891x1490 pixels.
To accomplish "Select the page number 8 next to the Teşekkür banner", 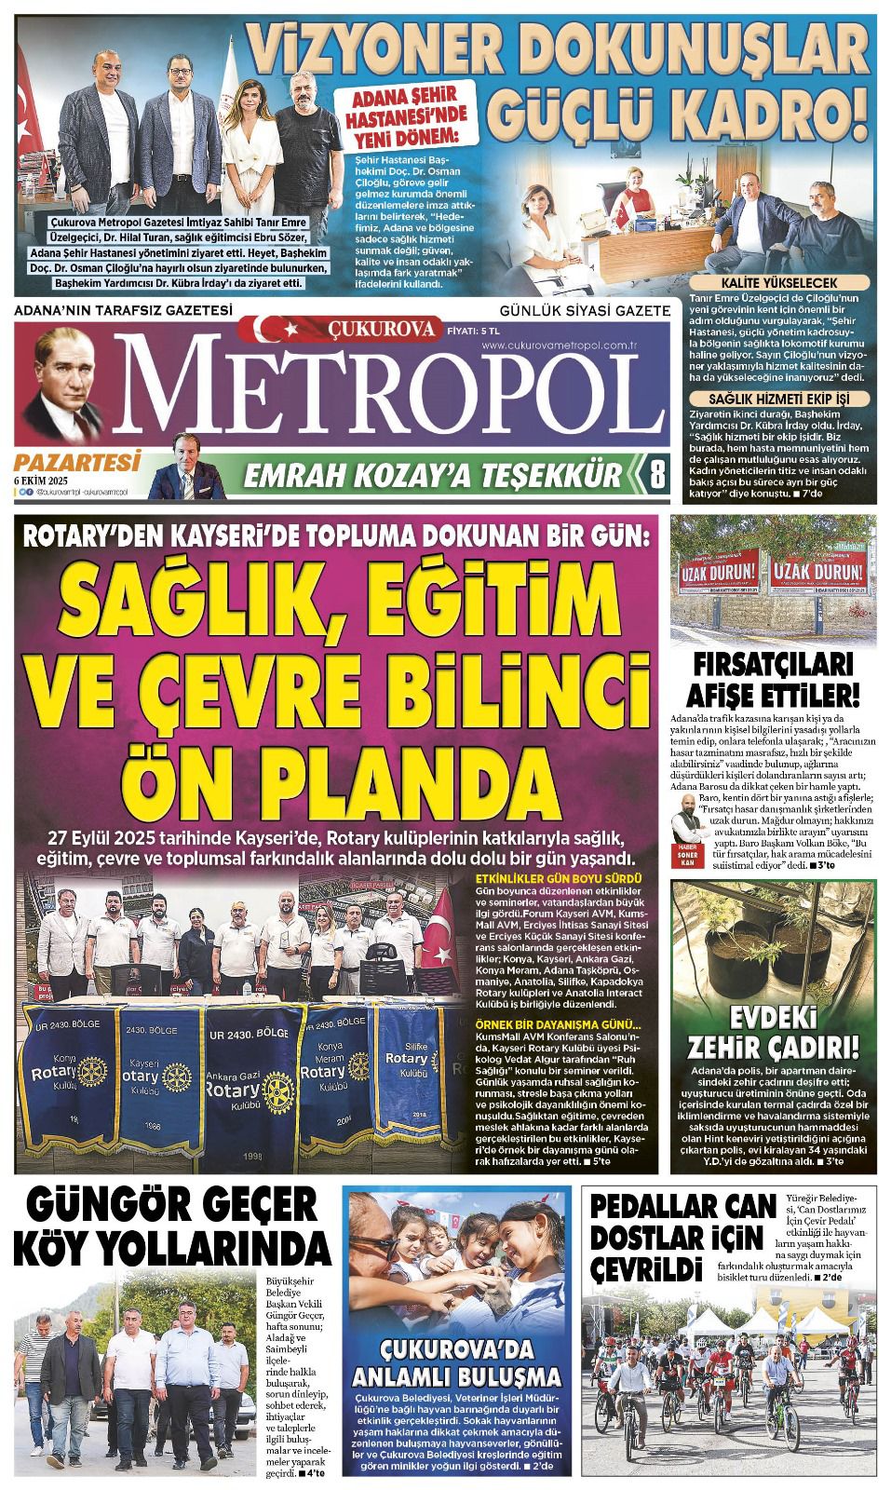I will coord(656,475).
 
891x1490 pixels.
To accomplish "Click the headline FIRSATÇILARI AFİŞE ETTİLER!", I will coord(778,679).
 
